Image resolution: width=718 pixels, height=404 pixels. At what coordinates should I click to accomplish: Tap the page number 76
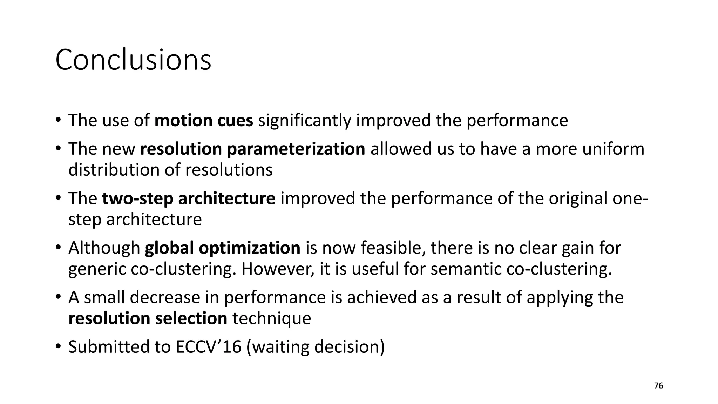point(658,386)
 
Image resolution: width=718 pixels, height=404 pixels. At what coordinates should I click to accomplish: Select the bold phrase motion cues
point(204,121)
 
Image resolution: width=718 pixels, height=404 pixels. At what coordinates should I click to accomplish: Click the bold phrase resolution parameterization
point(252,149)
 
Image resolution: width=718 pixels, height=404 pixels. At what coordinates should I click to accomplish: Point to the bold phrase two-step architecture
point(189,198)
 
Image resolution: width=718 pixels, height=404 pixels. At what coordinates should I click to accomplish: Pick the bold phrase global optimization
point(223,248)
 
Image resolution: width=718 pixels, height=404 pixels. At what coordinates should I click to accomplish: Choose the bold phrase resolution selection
point(148,319)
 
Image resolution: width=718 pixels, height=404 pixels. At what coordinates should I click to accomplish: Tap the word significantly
point(305,121)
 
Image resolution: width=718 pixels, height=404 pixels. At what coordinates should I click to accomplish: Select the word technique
point(272,319)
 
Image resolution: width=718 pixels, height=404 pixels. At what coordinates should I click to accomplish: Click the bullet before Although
point(58,248)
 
